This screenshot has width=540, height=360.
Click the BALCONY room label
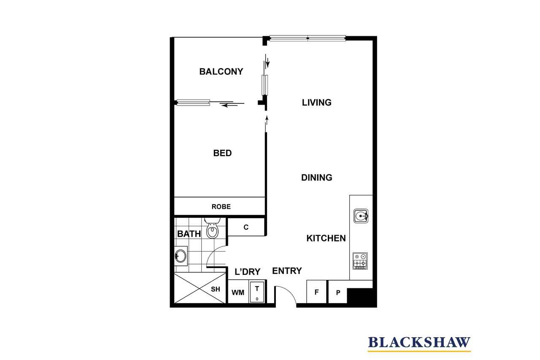coord(221,72)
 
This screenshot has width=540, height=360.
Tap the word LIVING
coord(316,103)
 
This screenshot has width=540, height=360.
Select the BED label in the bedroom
coord(222,153)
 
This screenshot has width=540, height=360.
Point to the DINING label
coord(316,178)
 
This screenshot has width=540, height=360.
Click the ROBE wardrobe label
coord(221,207)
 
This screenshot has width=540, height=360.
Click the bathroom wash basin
coord(181,256)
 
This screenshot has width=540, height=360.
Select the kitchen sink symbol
coord(361,216)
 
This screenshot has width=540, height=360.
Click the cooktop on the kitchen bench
coord(360,261)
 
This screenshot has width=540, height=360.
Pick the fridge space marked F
coord(316,292)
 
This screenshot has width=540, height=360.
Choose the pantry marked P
coord(338,292)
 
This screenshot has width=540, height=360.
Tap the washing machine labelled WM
coord(238,292)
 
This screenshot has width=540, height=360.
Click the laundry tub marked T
coord(257,292)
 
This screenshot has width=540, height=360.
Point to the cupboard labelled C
coord(246,227)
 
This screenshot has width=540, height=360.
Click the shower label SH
coord(215,289)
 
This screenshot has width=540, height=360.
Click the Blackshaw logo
coord(419,344)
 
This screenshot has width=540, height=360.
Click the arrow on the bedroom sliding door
coord(228,106)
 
